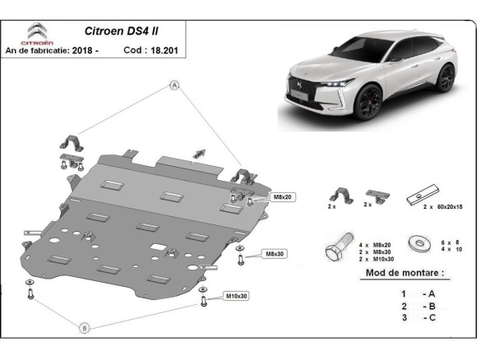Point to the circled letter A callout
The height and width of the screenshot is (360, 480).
(174, 85)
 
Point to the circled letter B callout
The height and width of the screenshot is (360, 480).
(84, 327)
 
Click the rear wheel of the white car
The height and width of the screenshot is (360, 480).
(446, 78)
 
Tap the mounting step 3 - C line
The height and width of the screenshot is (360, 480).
(416, 317)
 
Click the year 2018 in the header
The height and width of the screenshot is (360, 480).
(83, 51)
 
